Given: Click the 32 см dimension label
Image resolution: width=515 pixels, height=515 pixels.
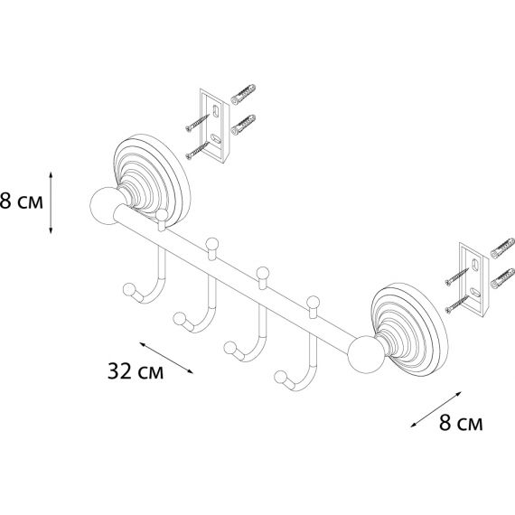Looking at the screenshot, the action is point(136,371).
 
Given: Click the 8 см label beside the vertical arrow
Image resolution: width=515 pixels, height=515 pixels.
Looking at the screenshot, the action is point(22,201).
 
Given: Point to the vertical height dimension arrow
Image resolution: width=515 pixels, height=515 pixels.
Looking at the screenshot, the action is point(51,202).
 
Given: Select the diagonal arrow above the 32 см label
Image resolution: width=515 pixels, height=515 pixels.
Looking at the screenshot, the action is point(166,358).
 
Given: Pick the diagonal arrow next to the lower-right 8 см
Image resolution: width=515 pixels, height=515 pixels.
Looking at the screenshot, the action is point(436,409).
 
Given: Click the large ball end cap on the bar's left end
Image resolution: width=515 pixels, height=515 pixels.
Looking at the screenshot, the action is point(106,206).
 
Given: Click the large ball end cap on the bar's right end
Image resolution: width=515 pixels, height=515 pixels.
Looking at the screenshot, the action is point(366,354).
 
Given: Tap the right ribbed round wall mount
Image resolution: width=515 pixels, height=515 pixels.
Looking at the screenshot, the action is point(409,329).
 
